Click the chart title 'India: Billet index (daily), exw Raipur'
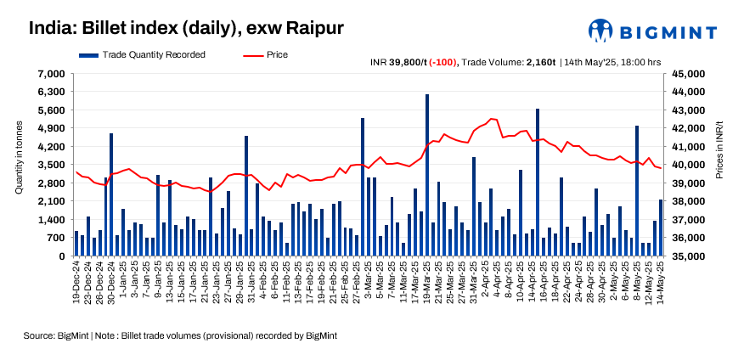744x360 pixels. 186,28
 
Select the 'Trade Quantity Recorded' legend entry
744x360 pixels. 153,55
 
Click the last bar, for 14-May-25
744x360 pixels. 661,228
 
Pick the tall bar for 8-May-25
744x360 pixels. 637,190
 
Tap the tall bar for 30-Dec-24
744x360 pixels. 111,194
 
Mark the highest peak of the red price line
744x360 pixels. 492,119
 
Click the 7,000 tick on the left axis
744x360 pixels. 52,74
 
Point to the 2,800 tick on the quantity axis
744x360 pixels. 52,183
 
